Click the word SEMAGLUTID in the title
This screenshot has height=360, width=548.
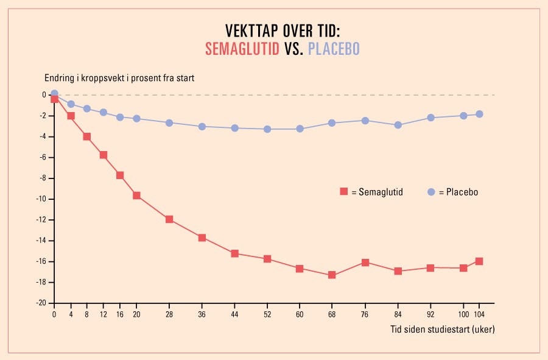click(242, 49)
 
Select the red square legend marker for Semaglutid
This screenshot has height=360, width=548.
click(344, 192)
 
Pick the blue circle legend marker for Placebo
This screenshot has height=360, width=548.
click(432, 192)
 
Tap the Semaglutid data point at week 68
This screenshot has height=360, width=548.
click(332, 275)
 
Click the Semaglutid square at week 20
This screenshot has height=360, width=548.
click(136, 196)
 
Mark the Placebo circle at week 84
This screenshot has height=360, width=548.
click(398, 125)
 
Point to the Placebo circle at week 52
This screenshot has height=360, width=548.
click(267, 129)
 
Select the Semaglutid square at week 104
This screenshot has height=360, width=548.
click(479, 261)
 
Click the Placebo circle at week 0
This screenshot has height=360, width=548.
click(54, 94)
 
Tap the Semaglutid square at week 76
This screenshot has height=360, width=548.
click(365, 263)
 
